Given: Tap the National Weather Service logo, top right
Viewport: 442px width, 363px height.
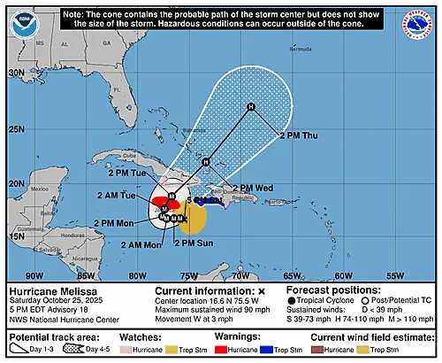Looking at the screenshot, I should (420, 23).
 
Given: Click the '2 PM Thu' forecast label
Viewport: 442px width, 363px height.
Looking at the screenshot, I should (300, 135).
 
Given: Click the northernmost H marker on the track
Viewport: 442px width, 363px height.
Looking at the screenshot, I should (251, 108).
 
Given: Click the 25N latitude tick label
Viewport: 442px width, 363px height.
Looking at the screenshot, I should (15, 129).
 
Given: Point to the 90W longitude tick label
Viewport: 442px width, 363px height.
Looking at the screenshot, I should (36, 275).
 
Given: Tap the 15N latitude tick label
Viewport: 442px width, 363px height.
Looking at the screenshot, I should (15, 236).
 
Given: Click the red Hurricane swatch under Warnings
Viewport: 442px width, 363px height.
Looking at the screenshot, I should (215, 350).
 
